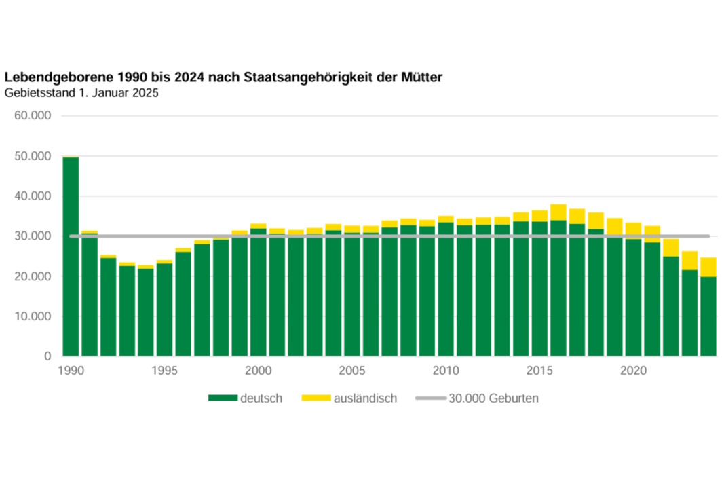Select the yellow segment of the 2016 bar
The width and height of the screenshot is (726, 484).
point(558,212)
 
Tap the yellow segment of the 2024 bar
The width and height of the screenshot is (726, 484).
point(708,267)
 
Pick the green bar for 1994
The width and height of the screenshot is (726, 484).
point(146,312)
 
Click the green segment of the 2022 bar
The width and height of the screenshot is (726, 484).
point(671,305)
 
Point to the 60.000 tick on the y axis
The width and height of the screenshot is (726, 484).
point(33,116)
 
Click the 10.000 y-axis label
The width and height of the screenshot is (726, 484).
point(33,316)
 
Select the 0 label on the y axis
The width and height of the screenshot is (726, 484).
point(47,356)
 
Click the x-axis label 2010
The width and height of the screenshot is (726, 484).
point(446,371)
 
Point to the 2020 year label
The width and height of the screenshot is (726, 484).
point(633,371)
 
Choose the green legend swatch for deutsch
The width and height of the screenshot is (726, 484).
point(223,398)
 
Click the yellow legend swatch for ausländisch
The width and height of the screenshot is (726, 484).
point(315,398)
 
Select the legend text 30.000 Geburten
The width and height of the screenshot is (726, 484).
point(493,398)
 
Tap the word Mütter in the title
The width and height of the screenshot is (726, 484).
point(424,78)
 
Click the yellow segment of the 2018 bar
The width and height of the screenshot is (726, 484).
point(596,221)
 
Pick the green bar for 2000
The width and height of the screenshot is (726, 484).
point(259,292)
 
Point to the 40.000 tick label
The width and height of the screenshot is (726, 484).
point(33,196)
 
